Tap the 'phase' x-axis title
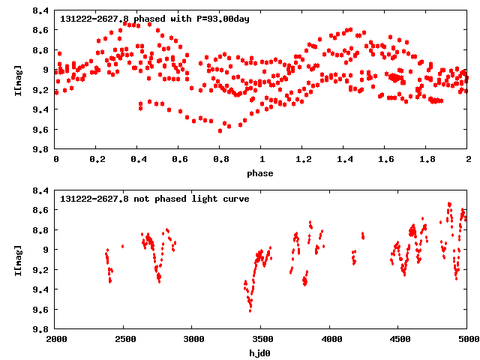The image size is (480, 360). [x=261, y=173]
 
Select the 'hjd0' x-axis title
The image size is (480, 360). [x=261, y=352]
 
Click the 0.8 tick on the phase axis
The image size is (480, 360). [x=220, y=159]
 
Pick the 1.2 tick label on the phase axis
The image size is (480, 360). [x=302, y=159]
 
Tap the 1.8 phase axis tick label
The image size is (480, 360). [x=426, y=159]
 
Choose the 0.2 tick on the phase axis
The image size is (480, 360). [x=96, y=159]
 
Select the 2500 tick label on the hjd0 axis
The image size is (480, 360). [x=124, y=339]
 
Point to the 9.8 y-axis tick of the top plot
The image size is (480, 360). [x=42, y=149]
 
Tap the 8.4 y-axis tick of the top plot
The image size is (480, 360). [x=42, y=10]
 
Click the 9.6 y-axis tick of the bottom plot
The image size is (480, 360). [x=42, y=309]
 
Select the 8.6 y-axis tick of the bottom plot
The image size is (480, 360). [x=42, y=210]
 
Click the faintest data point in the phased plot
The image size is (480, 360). [x=220, y=130]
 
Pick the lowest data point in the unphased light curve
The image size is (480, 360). [x=250, y=310]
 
